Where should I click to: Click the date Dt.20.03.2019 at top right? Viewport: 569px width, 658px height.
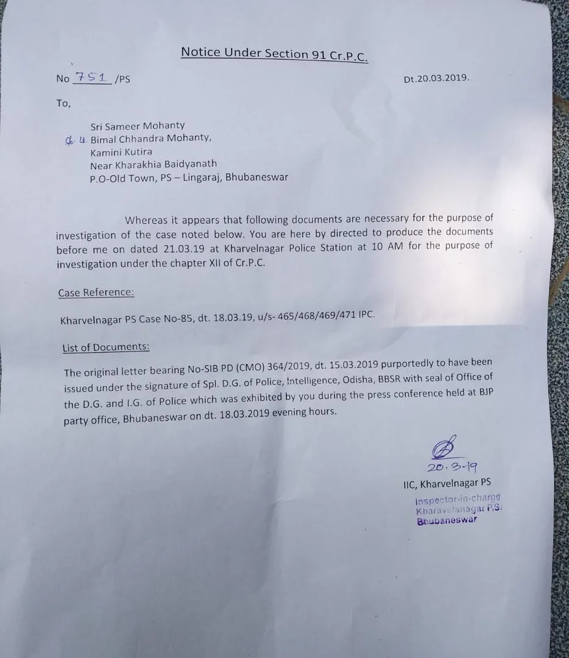[x=436, y=79]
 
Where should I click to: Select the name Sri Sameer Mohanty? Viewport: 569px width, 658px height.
[x=138, y=126]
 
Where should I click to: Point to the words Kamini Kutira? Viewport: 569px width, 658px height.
[x=121, y=152]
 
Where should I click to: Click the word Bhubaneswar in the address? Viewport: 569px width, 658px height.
[x=258, y=177]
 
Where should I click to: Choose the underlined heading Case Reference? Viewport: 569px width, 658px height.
[x=96, y=292]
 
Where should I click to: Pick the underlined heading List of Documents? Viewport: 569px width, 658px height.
[x=106, y=348]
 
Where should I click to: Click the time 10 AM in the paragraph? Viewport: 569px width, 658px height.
[x=393, y=247]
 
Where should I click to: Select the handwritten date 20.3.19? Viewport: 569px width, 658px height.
[x=451, y=467]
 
